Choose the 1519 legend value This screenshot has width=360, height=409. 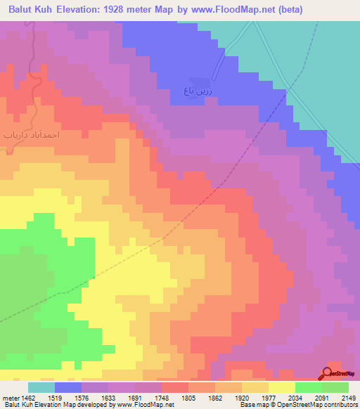68,396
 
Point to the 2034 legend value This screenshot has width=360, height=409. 309,396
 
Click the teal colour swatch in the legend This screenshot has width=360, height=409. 41,387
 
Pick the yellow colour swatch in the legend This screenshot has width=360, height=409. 282,387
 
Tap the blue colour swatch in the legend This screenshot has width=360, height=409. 68,387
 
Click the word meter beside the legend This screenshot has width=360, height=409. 10,396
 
